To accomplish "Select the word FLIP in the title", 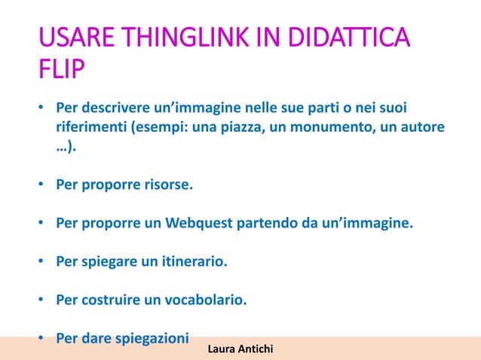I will click(61, 74).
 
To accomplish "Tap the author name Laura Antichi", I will click(240, 349).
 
